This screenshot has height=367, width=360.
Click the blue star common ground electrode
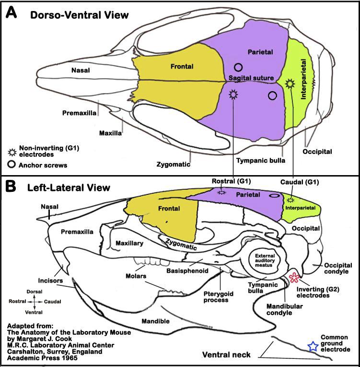click(313, 345)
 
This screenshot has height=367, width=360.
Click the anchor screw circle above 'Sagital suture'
click(238, 68)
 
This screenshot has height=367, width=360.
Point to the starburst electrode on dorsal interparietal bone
click(289, 83)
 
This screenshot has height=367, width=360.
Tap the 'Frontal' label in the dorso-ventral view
click(182, 67)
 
